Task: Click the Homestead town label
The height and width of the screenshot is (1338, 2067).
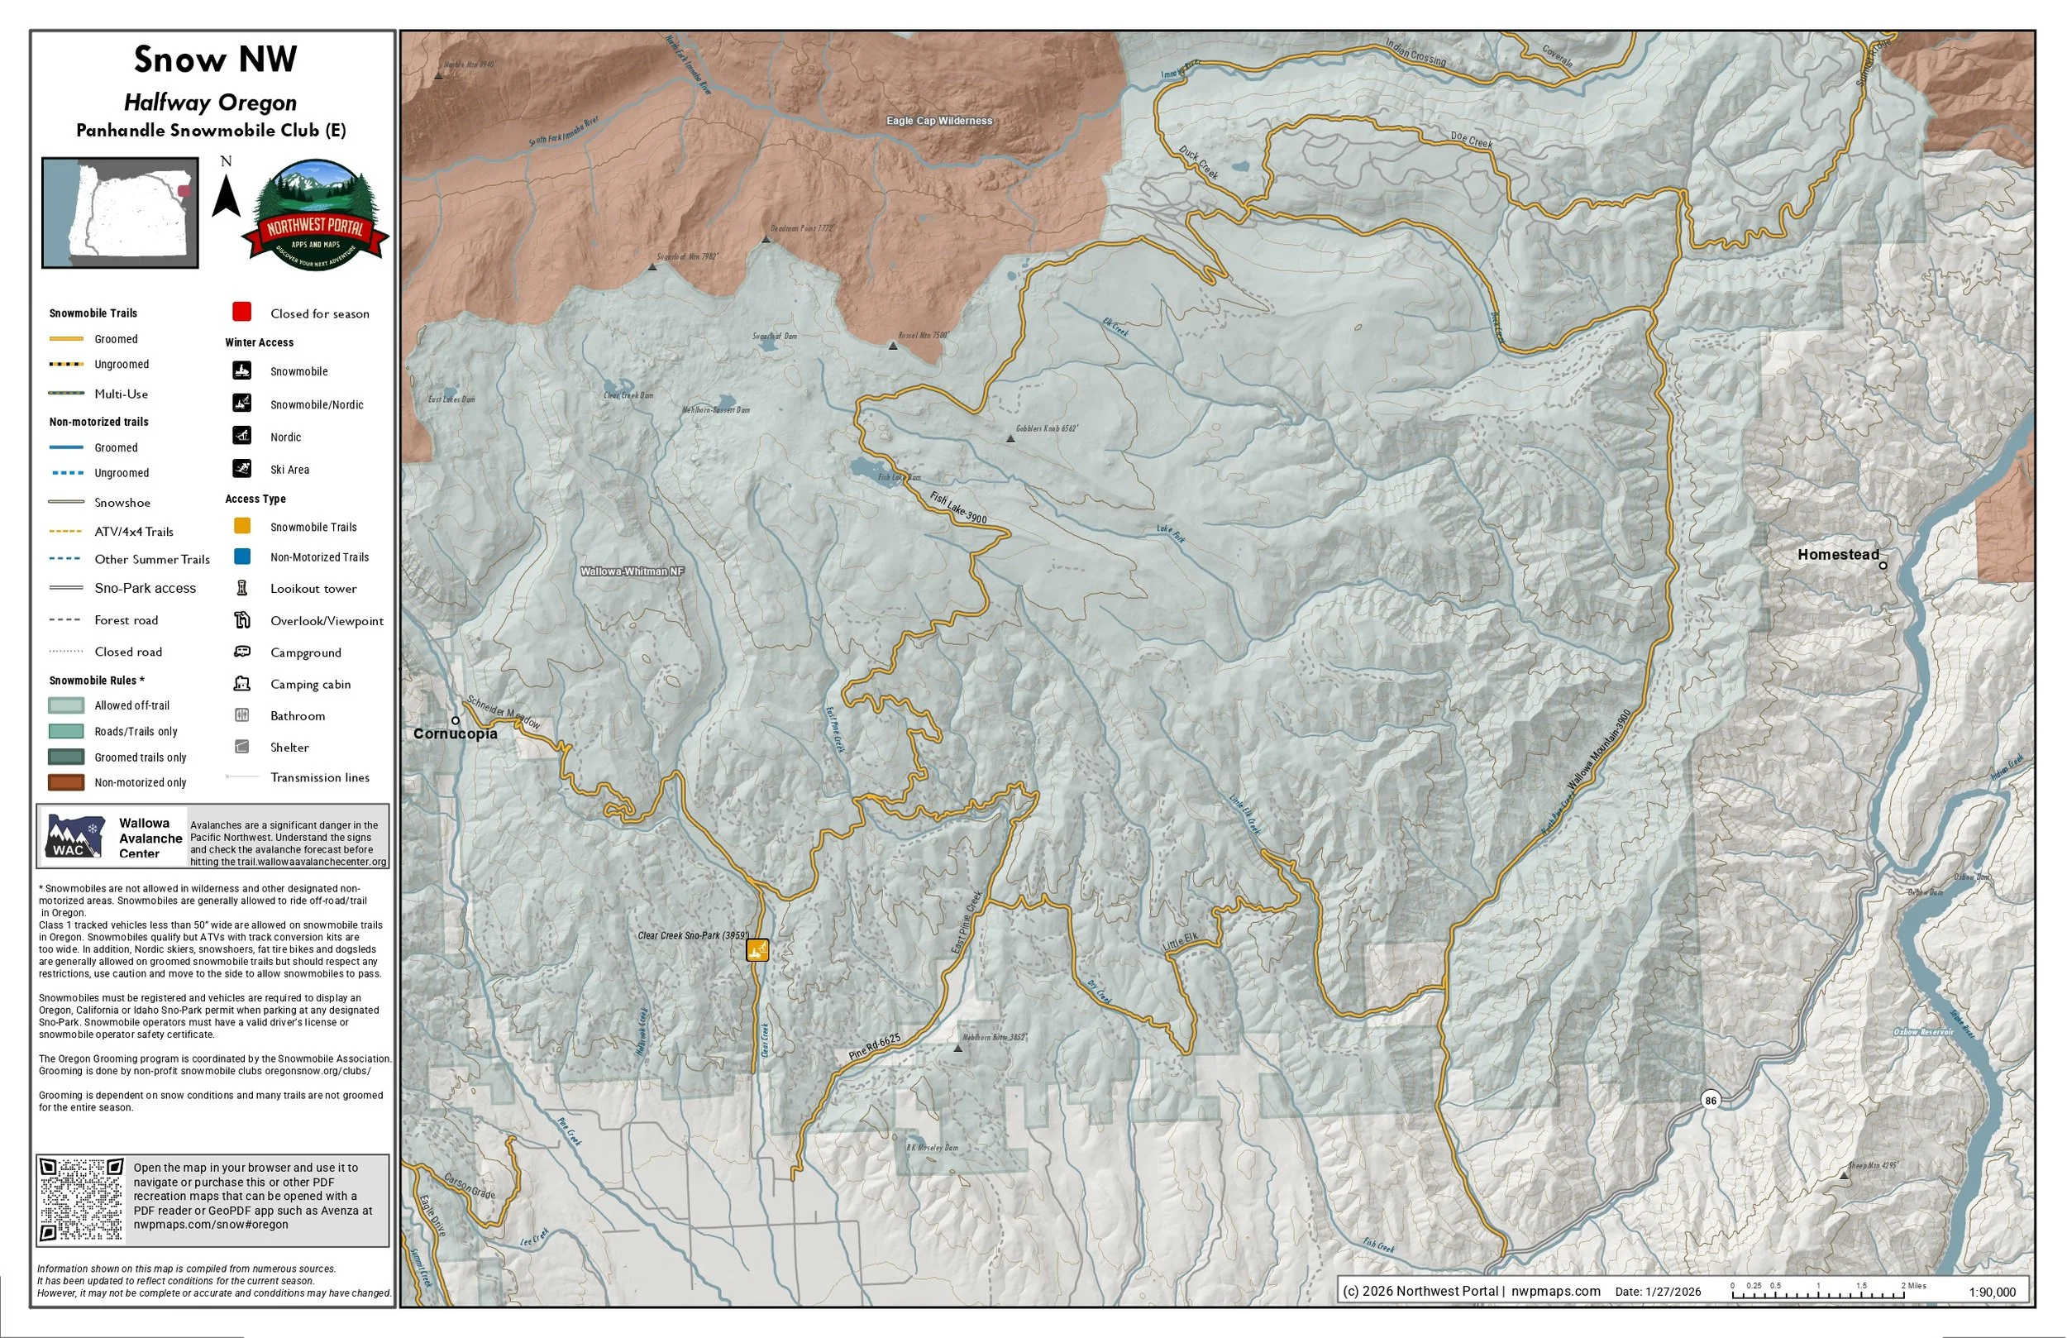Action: tap(1838, 554)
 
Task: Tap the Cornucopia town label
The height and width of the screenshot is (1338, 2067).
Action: tap(455, 734)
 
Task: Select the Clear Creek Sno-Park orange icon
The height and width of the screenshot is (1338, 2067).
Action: tap(757, 949)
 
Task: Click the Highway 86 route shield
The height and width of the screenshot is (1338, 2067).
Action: tap(1710, 1100)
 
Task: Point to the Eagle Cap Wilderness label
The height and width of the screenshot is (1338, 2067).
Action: tap(939, 121)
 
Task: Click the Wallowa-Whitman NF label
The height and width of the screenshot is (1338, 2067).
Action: tap(632, 571)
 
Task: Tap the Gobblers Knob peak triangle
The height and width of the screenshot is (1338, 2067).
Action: tap(1010, 439)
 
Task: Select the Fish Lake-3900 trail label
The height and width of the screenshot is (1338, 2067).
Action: tap(958, 509)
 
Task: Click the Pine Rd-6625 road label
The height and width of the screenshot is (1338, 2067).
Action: tap(875, 1047)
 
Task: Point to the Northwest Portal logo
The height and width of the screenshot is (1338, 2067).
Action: tap(314, 216)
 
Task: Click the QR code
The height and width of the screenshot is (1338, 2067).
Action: tap(83, 1200)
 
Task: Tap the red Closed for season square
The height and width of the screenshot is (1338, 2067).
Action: tap(241, 312)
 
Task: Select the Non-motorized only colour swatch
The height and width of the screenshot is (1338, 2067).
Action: tap(66, 782)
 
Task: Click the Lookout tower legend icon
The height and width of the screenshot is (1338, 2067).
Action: tap(242, 588)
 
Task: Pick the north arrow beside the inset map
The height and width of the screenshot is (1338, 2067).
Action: tap(227, 195)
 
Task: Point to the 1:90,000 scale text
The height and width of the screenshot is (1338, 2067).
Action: tap(1992, 1292)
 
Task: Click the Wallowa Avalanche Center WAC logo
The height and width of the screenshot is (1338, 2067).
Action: tap(75, 837)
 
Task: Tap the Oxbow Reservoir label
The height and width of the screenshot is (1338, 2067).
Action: tap(1923, 1032)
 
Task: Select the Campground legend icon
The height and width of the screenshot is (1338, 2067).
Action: tap(242, 652)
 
